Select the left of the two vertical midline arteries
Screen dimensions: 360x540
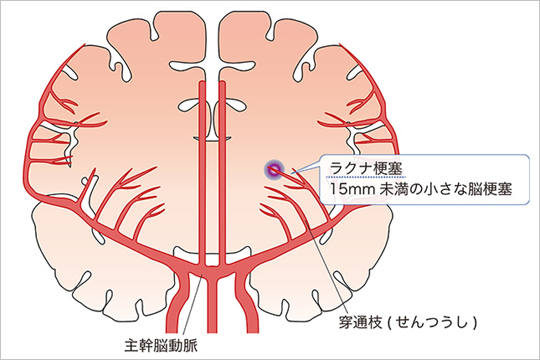click(x=202, y=167)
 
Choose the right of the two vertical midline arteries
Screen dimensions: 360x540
click(x=222, y=167)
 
